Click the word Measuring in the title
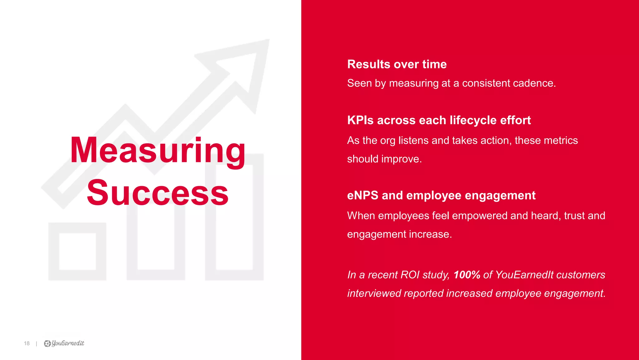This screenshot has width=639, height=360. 158,151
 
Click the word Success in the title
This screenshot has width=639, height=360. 158,193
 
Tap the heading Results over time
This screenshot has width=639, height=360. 397,64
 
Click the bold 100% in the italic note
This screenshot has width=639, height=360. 466,275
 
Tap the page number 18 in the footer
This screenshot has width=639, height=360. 27,343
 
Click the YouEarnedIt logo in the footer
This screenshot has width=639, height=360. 64,343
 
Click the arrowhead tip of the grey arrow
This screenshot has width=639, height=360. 265,44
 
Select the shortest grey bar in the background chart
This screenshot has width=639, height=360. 77,251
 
